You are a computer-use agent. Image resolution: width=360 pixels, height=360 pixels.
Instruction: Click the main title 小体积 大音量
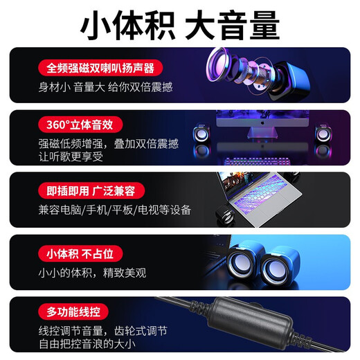coord(180,26)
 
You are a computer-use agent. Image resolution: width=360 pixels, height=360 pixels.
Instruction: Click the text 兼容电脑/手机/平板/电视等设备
coord(115,209)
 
